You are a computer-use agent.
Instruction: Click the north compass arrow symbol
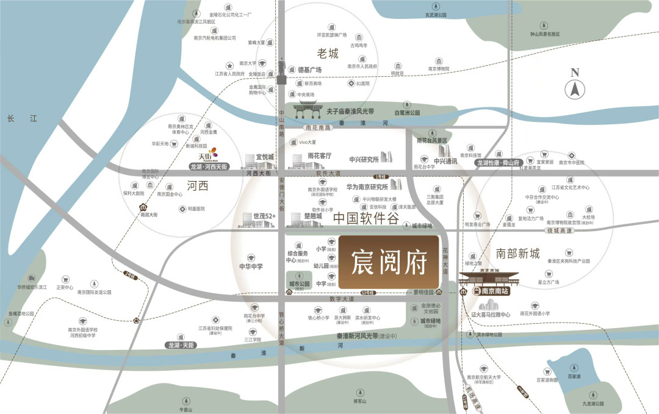click(x=574, y=90)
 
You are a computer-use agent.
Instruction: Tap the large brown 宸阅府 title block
click(x=389, y=262)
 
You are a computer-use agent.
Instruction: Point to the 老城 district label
click(x=327, y=54)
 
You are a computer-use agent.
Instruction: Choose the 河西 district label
click(x=198, y=186)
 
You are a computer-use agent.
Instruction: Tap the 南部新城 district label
click(x=518, y=254)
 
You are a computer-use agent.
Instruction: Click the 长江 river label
click(x=18, y=120)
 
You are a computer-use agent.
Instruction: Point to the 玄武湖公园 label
click(x=436, y=15)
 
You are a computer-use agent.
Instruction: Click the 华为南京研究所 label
click(x=367, y=187)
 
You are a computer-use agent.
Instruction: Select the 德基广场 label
click(x=309, y=70)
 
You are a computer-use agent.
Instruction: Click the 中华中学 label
click(x=251, y=266)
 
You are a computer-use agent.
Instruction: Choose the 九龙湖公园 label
click(x=592, y=404)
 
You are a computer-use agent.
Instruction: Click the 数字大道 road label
click(x=342, y=299)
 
